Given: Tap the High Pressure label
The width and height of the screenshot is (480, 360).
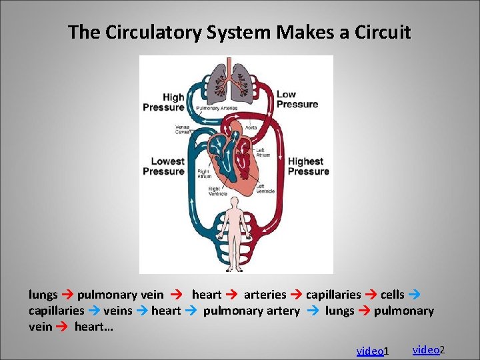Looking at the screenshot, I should pos(164,102).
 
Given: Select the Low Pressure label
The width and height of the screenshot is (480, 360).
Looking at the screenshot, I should pos(297,99).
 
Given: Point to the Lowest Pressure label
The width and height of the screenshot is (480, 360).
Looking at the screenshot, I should pos(163,166).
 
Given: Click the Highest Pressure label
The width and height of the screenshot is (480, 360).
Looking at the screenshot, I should pos(309,166).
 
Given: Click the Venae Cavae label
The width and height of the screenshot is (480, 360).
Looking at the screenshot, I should pos(182,129).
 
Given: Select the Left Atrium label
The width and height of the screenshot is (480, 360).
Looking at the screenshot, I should pos(263,152).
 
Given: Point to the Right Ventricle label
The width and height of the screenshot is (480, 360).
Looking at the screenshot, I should pos(208,191).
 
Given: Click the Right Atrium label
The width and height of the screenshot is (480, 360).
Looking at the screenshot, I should pos(204,173).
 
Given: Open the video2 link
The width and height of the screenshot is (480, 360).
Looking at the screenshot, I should pos(428,349).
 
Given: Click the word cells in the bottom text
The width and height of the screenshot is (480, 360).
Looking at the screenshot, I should pos(392,294).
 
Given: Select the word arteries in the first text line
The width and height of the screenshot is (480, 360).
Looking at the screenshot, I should pos(265,294).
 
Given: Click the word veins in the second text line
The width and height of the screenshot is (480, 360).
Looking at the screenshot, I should pos(117,311).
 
